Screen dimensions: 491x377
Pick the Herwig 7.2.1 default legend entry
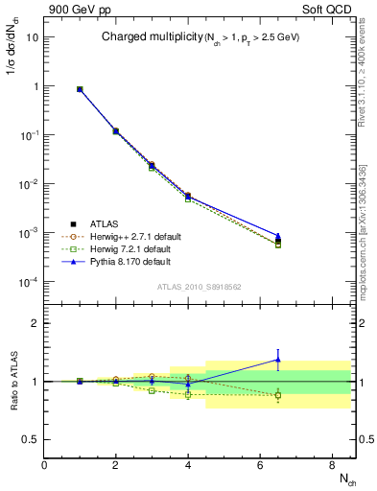pos(129,248)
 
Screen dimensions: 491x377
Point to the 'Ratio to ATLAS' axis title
pos(12,381)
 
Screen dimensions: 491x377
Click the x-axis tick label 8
pos(332,465)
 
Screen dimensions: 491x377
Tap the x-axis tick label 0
pos(44,465)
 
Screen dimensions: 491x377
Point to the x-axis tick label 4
pos(188,465)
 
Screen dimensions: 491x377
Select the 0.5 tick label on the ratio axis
pos(30,440)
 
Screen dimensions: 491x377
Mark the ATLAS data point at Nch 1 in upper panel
pos(80,89)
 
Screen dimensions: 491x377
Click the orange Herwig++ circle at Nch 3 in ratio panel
pos(152,376)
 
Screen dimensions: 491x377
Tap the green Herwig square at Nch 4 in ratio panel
pos(188,394)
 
